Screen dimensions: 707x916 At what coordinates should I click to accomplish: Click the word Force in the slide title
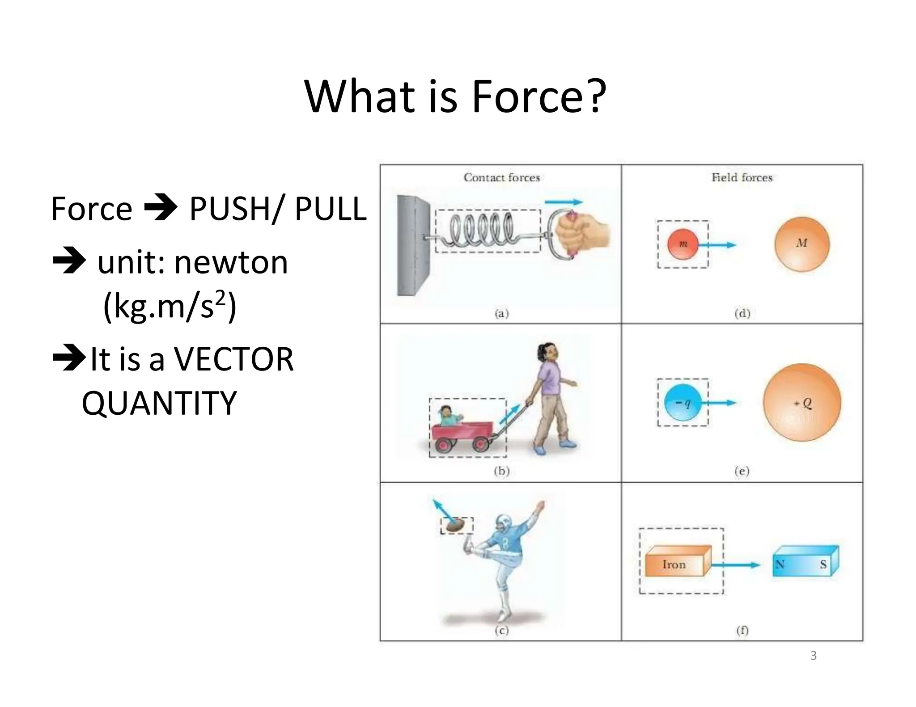tap(527, 97)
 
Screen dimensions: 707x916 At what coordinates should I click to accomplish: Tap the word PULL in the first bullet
tap(331, 209)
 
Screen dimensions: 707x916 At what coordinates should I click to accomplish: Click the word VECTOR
tap(233, 359)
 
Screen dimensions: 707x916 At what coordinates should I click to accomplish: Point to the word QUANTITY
tap(159, 403)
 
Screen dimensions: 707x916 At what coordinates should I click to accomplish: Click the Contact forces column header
tap(501, 177)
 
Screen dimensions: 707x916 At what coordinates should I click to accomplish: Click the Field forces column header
tap(742, 177)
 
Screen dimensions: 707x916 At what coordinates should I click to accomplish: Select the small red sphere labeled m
tap(683, 244)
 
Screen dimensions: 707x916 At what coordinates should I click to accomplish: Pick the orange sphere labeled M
tap(802, 244)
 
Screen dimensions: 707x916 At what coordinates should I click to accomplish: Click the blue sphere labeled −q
tap(683, 403)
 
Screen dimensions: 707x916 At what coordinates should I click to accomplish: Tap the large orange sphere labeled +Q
tap(802, 403)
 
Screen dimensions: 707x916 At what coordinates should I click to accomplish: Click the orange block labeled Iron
tap(675, 564)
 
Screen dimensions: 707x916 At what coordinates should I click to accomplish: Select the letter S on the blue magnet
tap(823, 564)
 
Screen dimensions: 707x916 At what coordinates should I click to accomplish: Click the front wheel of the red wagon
tap(480, 444)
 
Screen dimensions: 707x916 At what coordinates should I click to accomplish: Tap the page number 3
tap(813, 656)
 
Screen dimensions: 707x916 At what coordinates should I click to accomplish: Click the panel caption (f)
tap(742, 631)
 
